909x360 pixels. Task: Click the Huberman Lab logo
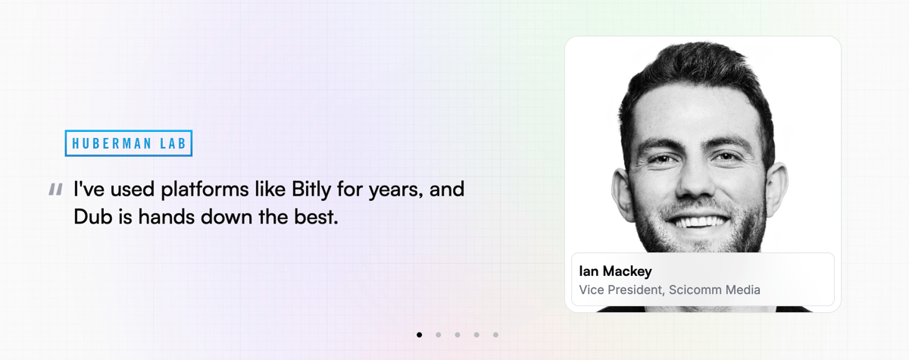(129, 143)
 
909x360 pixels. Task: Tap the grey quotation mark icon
(55, 189)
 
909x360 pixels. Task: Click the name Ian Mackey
(615, 271)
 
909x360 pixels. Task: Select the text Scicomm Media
(714, 290)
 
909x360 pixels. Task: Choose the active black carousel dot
(420, 334)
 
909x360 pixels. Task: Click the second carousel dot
(439, 334)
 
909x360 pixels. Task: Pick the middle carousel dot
(458, 334)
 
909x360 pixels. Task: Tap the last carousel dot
(495, 334)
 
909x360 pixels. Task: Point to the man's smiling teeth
(701, 222)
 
